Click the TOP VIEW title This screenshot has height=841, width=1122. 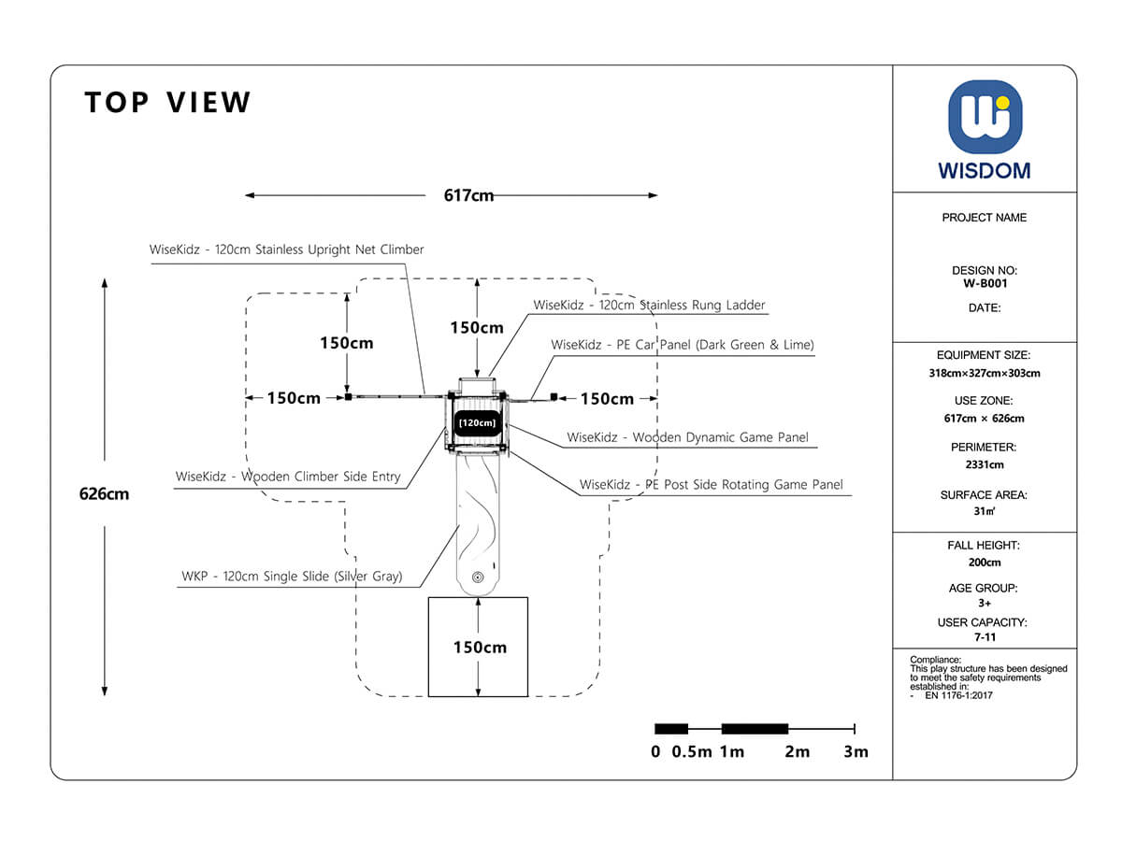(168, 102)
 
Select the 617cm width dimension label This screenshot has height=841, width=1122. (468, 195)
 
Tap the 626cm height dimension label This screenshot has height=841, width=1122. (104, 494)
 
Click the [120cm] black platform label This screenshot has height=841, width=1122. (477, 422)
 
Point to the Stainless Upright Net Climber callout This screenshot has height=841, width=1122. (286, 249)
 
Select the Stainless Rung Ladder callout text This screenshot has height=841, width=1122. (649, 305)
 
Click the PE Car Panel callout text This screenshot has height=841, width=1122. (683, 345)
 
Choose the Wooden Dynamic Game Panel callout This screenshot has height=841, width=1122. (687, 437)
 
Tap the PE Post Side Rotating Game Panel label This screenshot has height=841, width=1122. (711, 484)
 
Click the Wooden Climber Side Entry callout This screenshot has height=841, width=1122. (288, 477)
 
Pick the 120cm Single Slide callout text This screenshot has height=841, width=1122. (292, 577)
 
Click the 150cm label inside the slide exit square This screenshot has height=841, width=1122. (480, 647)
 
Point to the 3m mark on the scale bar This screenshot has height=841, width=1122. (856, 751)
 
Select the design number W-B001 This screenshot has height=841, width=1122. (985, 283)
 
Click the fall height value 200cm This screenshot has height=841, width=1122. (985, 563)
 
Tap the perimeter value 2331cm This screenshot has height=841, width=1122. (985, 464)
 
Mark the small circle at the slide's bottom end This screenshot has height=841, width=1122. (478, 577)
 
